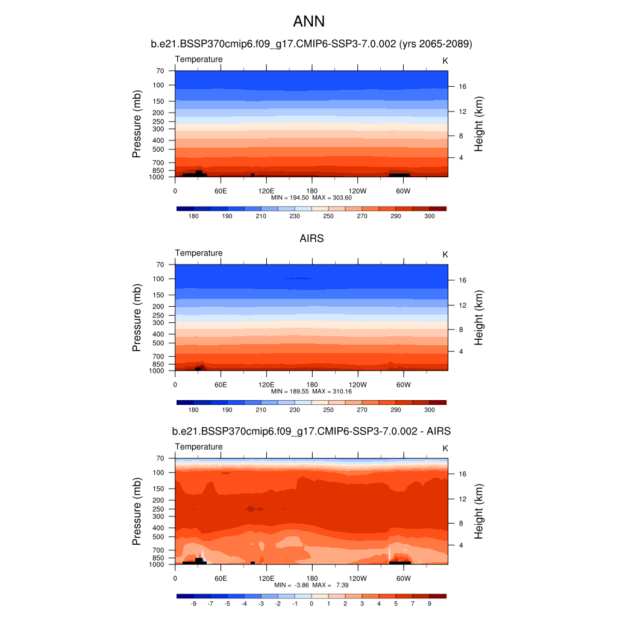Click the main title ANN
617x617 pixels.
coord(308,22)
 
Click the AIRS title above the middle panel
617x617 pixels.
coord(312,239)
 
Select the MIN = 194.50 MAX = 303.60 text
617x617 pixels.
coord(312,198)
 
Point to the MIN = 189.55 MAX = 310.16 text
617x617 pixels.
coord(312,392)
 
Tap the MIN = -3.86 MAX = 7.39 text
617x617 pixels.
coord(312,585)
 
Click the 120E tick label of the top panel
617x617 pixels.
coord(266,191)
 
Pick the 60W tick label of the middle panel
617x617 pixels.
coord(403,385)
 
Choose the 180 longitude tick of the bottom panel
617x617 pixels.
coord(312,578)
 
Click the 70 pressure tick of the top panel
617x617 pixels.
coord(160,71)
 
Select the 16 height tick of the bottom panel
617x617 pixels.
coord(463,474)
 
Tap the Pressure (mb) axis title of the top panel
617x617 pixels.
coord(137,124)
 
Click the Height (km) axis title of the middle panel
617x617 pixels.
coord(480,318)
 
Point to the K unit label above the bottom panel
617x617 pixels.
coord(445,448)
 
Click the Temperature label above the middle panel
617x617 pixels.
coord(199,253)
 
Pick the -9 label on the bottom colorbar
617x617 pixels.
coord(193,603)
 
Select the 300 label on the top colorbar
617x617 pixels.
coord(430,216)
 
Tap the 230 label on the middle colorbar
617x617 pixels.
coord(295,410)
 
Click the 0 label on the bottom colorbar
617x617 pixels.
coord(312,603)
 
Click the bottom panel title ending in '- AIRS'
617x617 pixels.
coord(312,431)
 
